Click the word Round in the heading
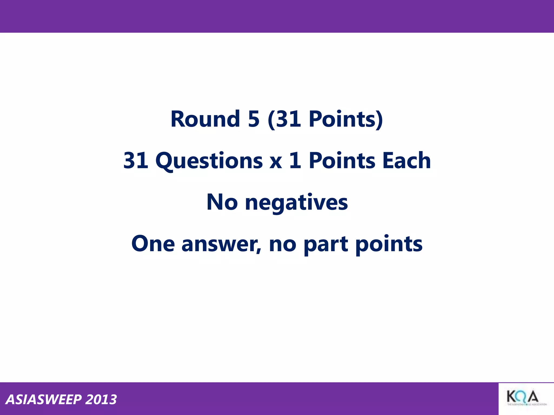point(205,119)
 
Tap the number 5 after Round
point(253,119)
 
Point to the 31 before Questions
point(136,161)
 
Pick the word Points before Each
point(342,161)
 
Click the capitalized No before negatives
point(222,202)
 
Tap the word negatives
point(296,203)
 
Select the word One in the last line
point(153,244)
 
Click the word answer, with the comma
point(222,245)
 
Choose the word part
point(326,245)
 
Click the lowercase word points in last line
point(389,244)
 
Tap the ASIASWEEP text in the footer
point(44,400)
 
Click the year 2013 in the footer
point(101,400)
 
